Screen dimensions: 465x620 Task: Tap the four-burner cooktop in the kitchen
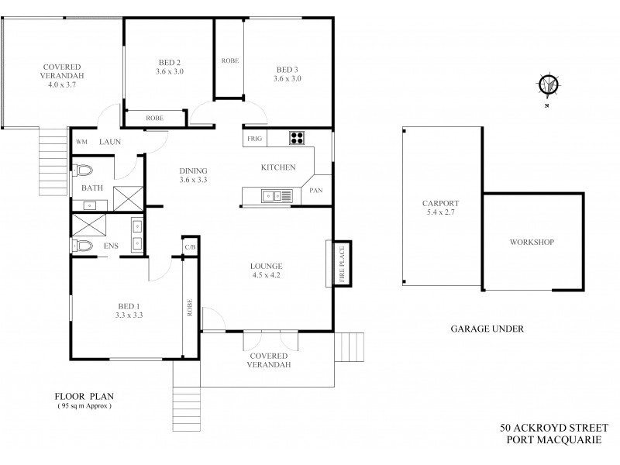coord(298,139)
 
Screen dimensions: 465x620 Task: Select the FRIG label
coord(254,139)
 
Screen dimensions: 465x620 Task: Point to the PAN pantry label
coord(316,190)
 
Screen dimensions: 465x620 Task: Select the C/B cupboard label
coord(190,247)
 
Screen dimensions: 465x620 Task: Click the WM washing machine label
coord(81,142)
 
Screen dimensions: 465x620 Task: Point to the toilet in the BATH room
coord(84,170)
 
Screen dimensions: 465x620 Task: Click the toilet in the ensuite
coord(84,246)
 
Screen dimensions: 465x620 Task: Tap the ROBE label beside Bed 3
coord(229,60)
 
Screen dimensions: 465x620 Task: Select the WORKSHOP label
coord(531,242)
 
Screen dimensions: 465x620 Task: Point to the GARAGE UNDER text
coord(487,329)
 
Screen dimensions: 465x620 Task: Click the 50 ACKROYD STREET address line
coord(556,427)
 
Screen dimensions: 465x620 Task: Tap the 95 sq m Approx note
coord(84,405)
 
